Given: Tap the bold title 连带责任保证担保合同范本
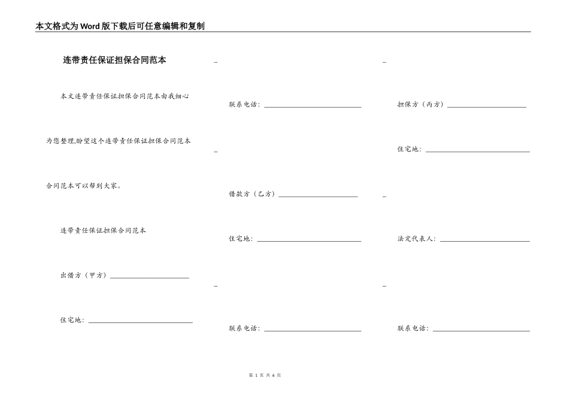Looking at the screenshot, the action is click(x=114, y=60).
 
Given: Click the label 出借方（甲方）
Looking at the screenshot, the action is click(x=83, y=275).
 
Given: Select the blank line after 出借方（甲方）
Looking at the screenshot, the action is click(x=150, y=277).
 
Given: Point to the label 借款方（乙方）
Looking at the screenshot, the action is click(x=252, y=194).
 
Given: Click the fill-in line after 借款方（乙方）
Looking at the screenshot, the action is click(x=318, y=196).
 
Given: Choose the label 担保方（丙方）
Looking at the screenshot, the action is click(x=420, y=104).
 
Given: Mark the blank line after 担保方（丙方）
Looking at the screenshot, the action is click(x=486, y=106).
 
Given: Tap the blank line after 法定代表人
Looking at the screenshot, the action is click(x=485, y=241).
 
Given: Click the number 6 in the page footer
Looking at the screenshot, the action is click(x=273, y=375).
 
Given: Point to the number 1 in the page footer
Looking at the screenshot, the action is click(x=256, y=375).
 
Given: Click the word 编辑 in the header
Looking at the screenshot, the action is click(x=164, y=26).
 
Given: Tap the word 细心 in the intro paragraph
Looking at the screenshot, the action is click(x=183, y=96).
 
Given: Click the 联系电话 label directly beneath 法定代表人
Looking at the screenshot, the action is click(x=412, y=328).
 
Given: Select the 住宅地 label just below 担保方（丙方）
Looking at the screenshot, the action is click(x=408, y=149).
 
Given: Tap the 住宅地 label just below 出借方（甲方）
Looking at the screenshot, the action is click(x=71, y=320).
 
